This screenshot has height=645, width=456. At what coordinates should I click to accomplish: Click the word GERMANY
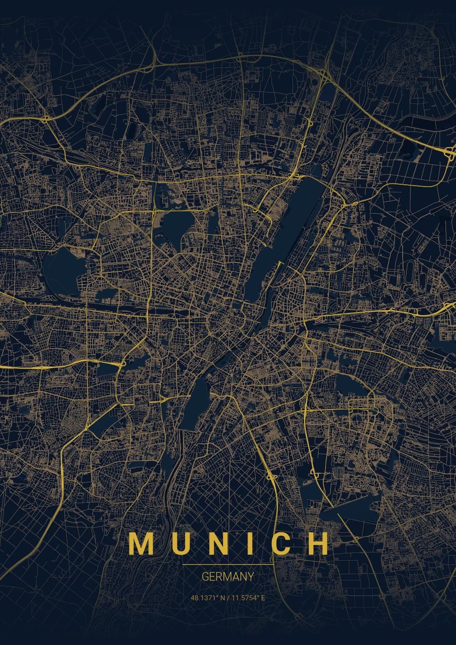(x=228, y=577)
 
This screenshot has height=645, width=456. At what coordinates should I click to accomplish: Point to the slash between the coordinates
(x=228, y=598)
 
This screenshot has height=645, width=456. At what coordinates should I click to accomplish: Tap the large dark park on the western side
(x=61, y=266)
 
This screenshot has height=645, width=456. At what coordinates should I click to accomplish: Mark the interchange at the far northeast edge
(x=448, y=152)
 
